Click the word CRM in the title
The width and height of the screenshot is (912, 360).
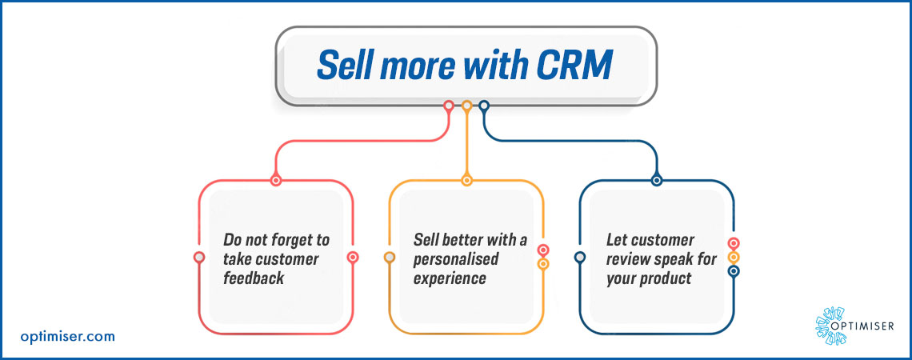(574, 65)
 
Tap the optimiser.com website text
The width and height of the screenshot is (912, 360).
(67, 336)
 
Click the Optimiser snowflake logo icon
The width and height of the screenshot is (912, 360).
(830, 326)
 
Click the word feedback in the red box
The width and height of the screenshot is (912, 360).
(254, 278)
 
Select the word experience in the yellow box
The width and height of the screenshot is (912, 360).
(450, 278)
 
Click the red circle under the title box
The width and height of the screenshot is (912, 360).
(449, 106)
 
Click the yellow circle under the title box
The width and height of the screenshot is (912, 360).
(466, 106)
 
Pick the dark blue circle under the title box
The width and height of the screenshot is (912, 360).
(484, 106)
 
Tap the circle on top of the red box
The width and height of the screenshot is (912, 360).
(276, 180)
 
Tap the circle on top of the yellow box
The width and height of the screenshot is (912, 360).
(466, 180)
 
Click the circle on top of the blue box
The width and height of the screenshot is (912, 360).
(657, 180)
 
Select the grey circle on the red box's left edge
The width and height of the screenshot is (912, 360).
(199, 257)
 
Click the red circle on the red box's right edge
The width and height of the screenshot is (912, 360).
(353, 257)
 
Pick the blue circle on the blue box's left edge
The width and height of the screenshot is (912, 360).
(579, 257)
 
